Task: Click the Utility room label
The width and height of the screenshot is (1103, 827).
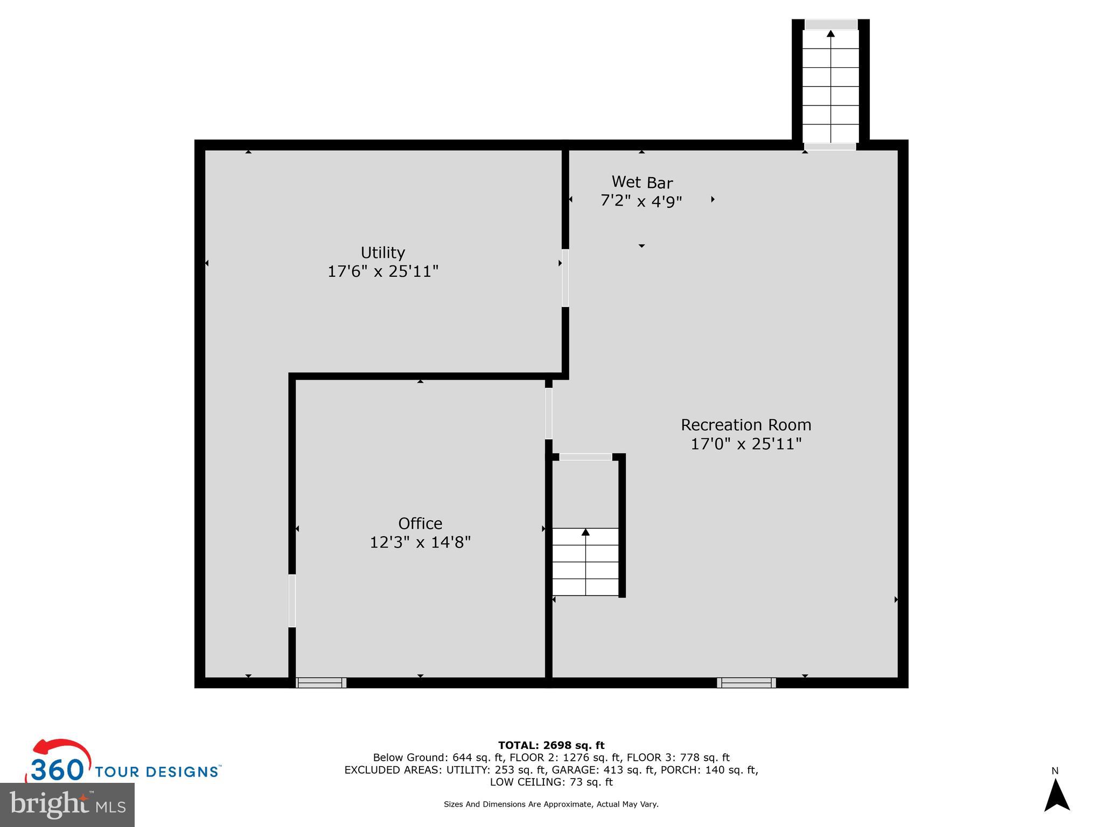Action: pyautogui.click(x=382, y=253)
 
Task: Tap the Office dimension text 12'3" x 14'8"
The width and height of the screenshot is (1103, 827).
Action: pyautogui.click(x=420, y=542)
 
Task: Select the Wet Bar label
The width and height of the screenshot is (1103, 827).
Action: pyautogui.click(x=641, y=183)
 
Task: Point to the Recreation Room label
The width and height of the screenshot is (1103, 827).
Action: pyautogui.click(x=746, y=425)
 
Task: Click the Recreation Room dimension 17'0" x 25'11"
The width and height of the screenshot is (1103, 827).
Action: pyautogui.click(x=746, y=444)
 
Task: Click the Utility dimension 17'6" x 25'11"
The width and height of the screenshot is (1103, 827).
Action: pyautogui.click(x=383, y=271)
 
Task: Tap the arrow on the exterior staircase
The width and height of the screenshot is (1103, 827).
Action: pyautogui.click(x=830, y=34)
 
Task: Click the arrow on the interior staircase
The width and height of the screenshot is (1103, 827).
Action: pyautogui.click(x=585, y=532)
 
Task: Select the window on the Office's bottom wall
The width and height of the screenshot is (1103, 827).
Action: pyautogui.click(x=321, y=683)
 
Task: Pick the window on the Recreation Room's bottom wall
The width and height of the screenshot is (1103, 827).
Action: pyautogui.click(x=746, y=683)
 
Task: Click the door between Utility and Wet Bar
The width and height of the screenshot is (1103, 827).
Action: pyautogui.click(x=565, y=278)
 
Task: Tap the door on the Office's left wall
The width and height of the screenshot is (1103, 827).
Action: pyautogui.click(x=292, y=601)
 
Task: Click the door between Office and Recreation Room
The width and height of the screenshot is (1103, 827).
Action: pyautogui.click(x=548, y=413)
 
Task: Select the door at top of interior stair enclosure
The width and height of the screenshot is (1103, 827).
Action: pyautogui.click(x=585, y=457)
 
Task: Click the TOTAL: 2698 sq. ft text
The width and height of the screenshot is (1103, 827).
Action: pyautogui.click(x=551, y=745)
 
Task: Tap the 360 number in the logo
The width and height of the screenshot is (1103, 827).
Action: pyautogui.click(x=57, y=770)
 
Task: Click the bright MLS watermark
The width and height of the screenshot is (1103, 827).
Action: pyautogui.click(x=67, y=805)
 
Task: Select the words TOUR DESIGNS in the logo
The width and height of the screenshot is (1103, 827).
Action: pyautogui.click(x=157, y=772)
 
